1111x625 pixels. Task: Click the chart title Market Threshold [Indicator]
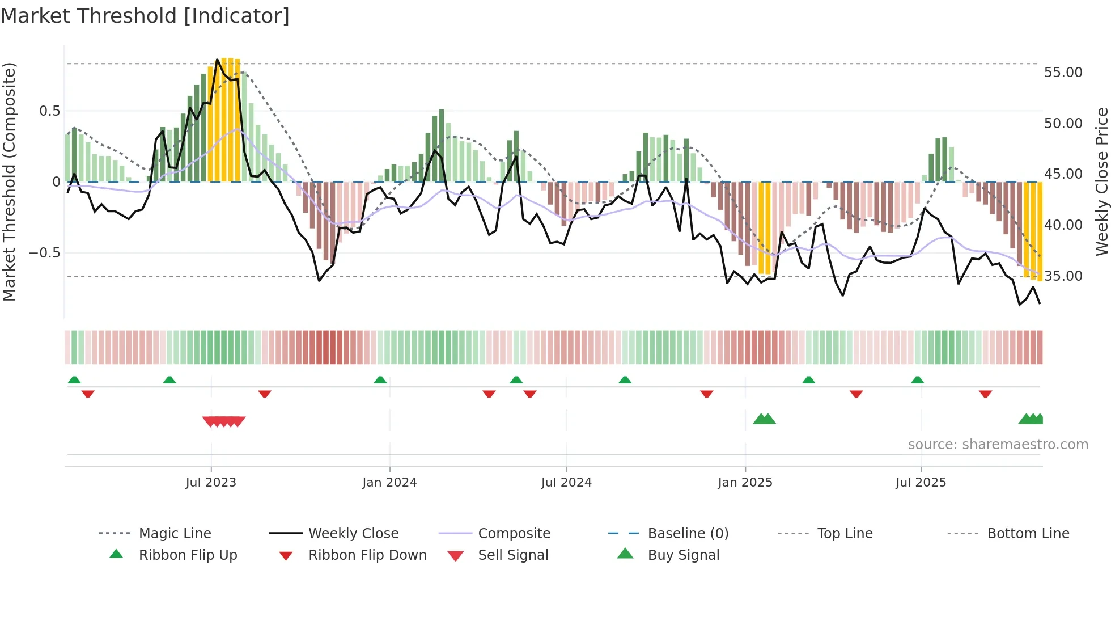(145, 16)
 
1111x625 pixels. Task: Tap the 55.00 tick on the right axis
(1063, 73)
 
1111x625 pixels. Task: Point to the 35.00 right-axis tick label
(1063, 276)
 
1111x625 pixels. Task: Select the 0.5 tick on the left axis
(49, 111)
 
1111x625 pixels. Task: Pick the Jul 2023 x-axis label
(211, 483)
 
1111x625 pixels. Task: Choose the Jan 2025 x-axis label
(745, 483)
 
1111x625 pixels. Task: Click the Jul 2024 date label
(566, 483)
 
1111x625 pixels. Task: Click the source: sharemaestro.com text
(998, 445)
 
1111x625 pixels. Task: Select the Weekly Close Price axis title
(1101, 181)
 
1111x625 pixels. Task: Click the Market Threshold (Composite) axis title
(9, 181)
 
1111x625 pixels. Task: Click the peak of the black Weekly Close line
(218, 60)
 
